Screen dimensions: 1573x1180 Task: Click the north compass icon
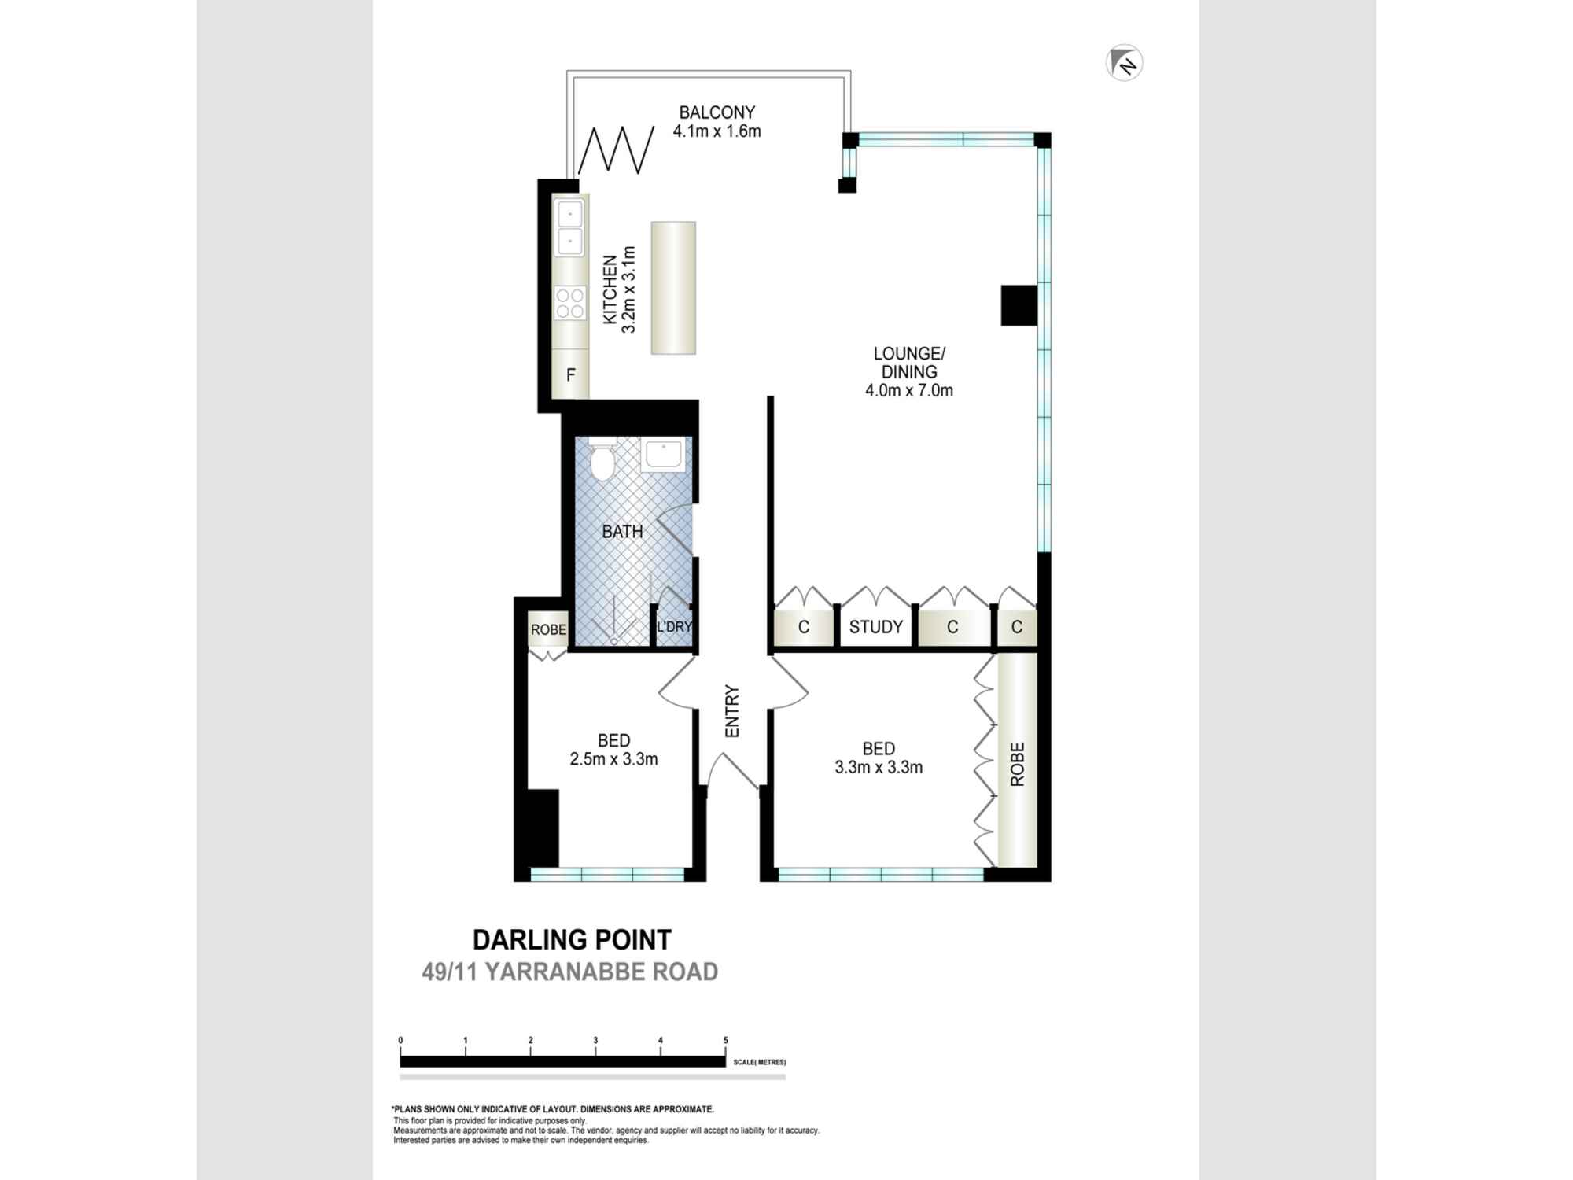[1124, 63]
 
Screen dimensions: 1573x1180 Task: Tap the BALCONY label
[717, 112]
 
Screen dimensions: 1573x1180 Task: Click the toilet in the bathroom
[602, 459]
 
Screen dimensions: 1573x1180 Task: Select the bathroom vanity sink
[663, 455]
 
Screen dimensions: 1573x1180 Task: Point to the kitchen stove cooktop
[570, 304]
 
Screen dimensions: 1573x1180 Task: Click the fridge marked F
[571, 375]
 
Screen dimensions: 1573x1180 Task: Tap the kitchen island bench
[673, 288]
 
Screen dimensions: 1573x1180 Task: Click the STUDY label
[876, 627]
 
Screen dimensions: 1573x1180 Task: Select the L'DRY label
[674, 627]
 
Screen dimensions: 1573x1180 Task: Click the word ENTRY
[732, 711]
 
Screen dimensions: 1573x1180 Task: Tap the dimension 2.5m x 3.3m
[613, 759]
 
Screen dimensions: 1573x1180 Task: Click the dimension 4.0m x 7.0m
[909, 390]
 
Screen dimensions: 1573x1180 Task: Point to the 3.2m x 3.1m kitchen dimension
[628, 289]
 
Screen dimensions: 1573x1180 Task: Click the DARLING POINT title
[572, 939]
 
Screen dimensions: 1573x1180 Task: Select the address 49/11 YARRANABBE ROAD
[570, 972]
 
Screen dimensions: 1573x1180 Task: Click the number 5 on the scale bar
[725, 1040]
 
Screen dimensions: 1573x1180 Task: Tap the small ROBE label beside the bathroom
[548, 629]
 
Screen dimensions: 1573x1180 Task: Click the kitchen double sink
[569, 227]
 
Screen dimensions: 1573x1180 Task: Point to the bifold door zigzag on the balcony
[617, 149]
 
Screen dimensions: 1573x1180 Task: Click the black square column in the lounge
[1019, 305]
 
